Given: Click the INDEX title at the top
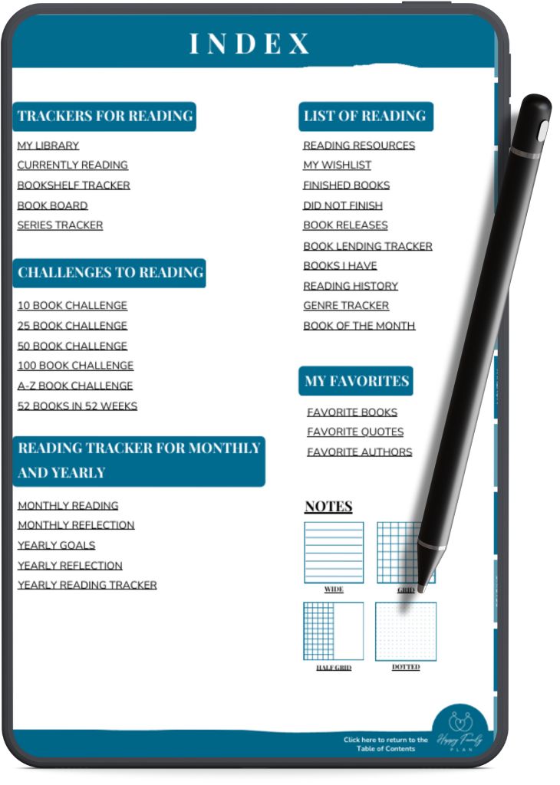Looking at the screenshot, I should coord(250,43).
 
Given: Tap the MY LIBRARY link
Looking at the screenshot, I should coord(48,146).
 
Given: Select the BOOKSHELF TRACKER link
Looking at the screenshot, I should coord(74,186).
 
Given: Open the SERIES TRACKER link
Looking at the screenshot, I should coord(60,225).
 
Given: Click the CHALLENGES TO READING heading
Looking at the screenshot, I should coord(110,273).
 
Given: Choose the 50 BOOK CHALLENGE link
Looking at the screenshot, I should coord(72,346).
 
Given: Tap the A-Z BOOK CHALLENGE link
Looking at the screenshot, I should coord(75,386).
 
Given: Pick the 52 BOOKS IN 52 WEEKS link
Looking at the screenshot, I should coord(77,406).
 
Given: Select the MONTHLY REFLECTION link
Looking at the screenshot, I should coord(76,525).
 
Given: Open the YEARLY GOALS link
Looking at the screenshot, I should coord(57,546).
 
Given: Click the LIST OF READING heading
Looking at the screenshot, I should coord(365,117).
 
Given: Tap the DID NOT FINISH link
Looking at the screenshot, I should coord(343,205).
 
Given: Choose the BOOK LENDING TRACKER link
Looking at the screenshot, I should coord(367,246).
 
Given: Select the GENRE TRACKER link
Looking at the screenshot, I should coord(346,306).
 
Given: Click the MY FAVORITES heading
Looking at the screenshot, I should coord(356,381).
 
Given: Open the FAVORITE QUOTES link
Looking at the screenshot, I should coord(355,432).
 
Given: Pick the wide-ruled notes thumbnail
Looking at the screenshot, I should coord(334,552).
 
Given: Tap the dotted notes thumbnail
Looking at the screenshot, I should coord(406,632).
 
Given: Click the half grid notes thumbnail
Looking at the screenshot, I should coord(334,632).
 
